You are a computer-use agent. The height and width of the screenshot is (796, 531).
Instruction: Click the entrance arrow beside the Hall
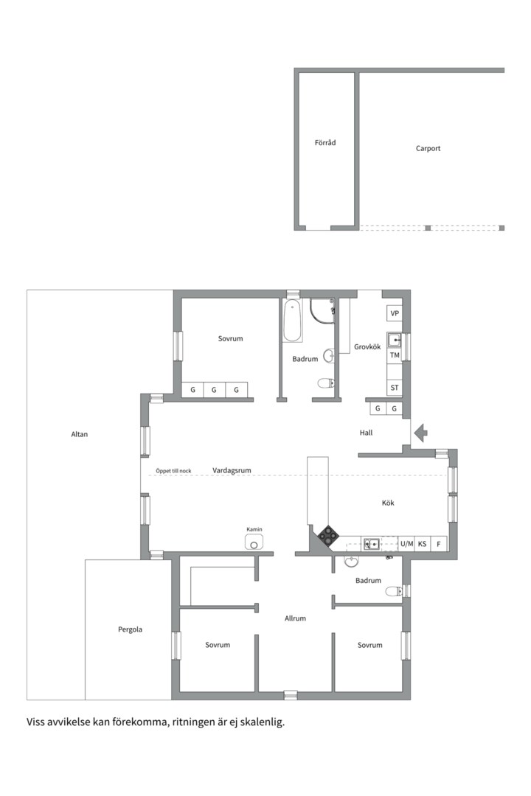(x=420, y=433)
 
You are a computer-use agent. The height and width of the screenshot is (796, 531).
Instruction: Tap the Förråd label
(x=325, y=143)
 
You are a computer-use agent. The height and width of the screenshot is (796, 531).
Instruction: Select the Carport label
(x=428, y=148)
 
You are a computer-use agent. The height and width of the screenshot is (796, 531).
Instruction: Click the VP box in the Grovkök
(x=395, y=313)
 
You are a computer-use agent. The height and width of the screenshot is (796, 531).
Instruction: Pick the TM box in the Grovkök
(x=395, y=355)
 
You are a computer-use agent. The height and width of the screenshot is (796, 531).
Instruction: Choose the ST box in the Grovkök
(x=395, y=388)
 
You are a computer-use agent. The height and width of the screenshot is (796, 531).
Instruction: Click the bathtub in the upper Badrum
(x=293, y=321)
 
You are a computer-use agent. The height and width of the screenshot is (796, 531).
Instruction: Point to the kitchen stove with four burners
(x=327, y=535)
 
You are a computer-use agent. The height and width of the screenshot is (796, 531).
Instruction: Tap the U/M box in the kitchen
(x=406, y=544)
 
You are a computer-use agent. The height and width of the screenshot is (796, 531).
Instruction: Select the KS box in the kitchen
(x=423, y=544)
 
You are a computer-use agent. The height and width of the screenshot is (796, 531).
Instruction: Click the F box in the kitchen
(x=439, y=544)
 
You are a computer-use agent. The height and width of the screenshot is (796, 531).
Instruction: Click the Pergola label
(x=130, y=629)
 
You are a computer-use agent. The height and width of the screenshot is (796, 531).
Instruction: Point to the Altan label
(x=79, y=434)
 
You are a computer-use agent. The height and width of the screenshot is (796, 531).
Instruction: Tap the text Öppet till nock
(x=173, y=471)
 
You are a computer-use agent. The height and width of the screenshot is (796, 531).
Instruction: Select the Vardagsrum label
(x=232, y=470)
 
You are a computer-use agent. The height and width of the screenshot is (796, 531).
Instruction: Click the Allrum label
(x=295, y=618)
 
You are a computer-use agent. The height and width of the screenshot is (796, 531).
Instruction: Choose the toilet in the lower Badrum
(x=393, y=591)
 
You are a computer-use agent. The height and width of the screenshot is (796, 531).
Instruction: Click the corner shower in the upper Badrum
(x=322, y=310)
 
